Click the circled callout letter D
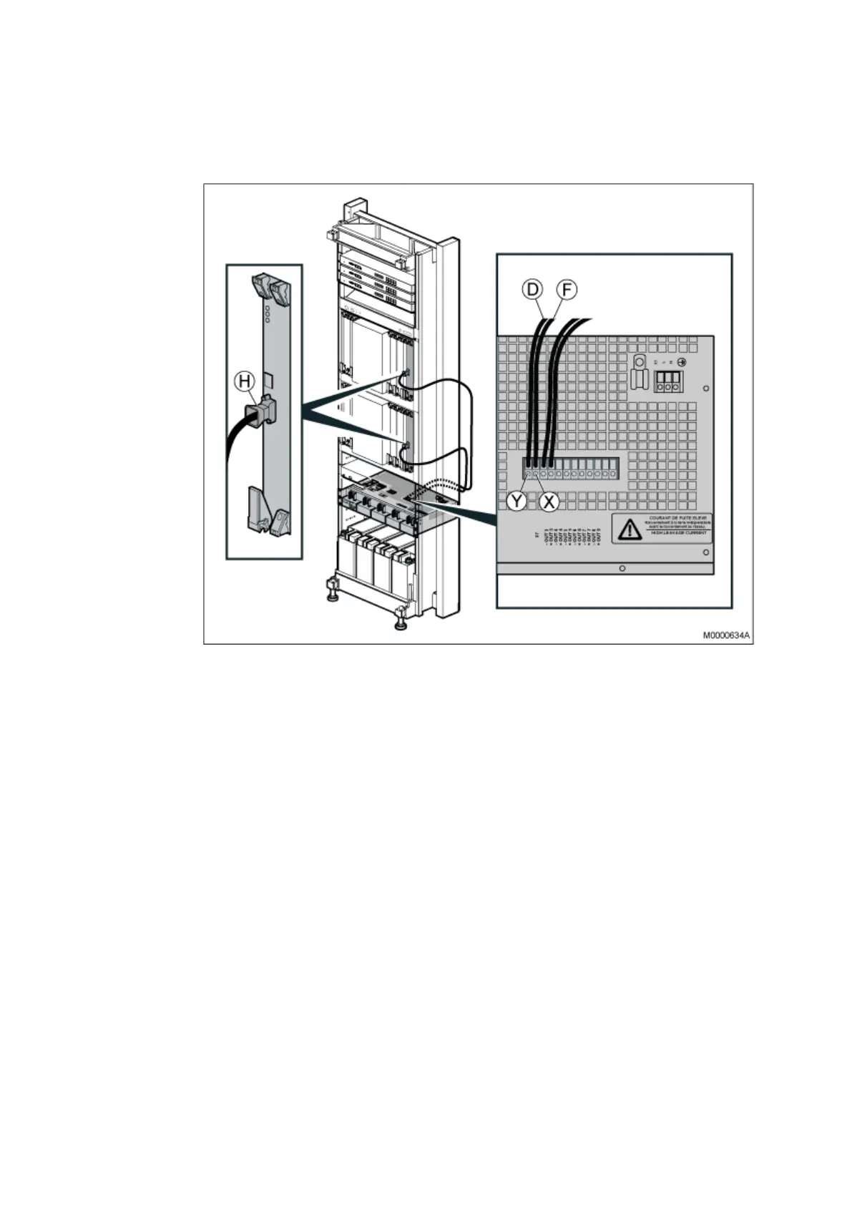(532, 290)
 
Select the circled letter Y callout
(516, 502)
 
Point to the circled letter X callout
(549, 502)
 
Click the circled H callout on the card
(245, 382)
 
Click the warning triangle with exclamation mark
(630, 530)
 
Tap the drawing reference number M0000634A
(726, 635)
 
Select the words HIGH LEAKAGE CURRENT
(677, 533)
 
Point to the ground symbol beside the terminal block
(682, 362)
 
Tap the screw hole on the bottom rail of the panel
(622, 568)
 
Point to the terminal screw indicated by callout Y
(527, 474)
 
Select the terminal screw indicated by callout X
(535, 474)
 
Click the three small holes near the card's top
(266, 313)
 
